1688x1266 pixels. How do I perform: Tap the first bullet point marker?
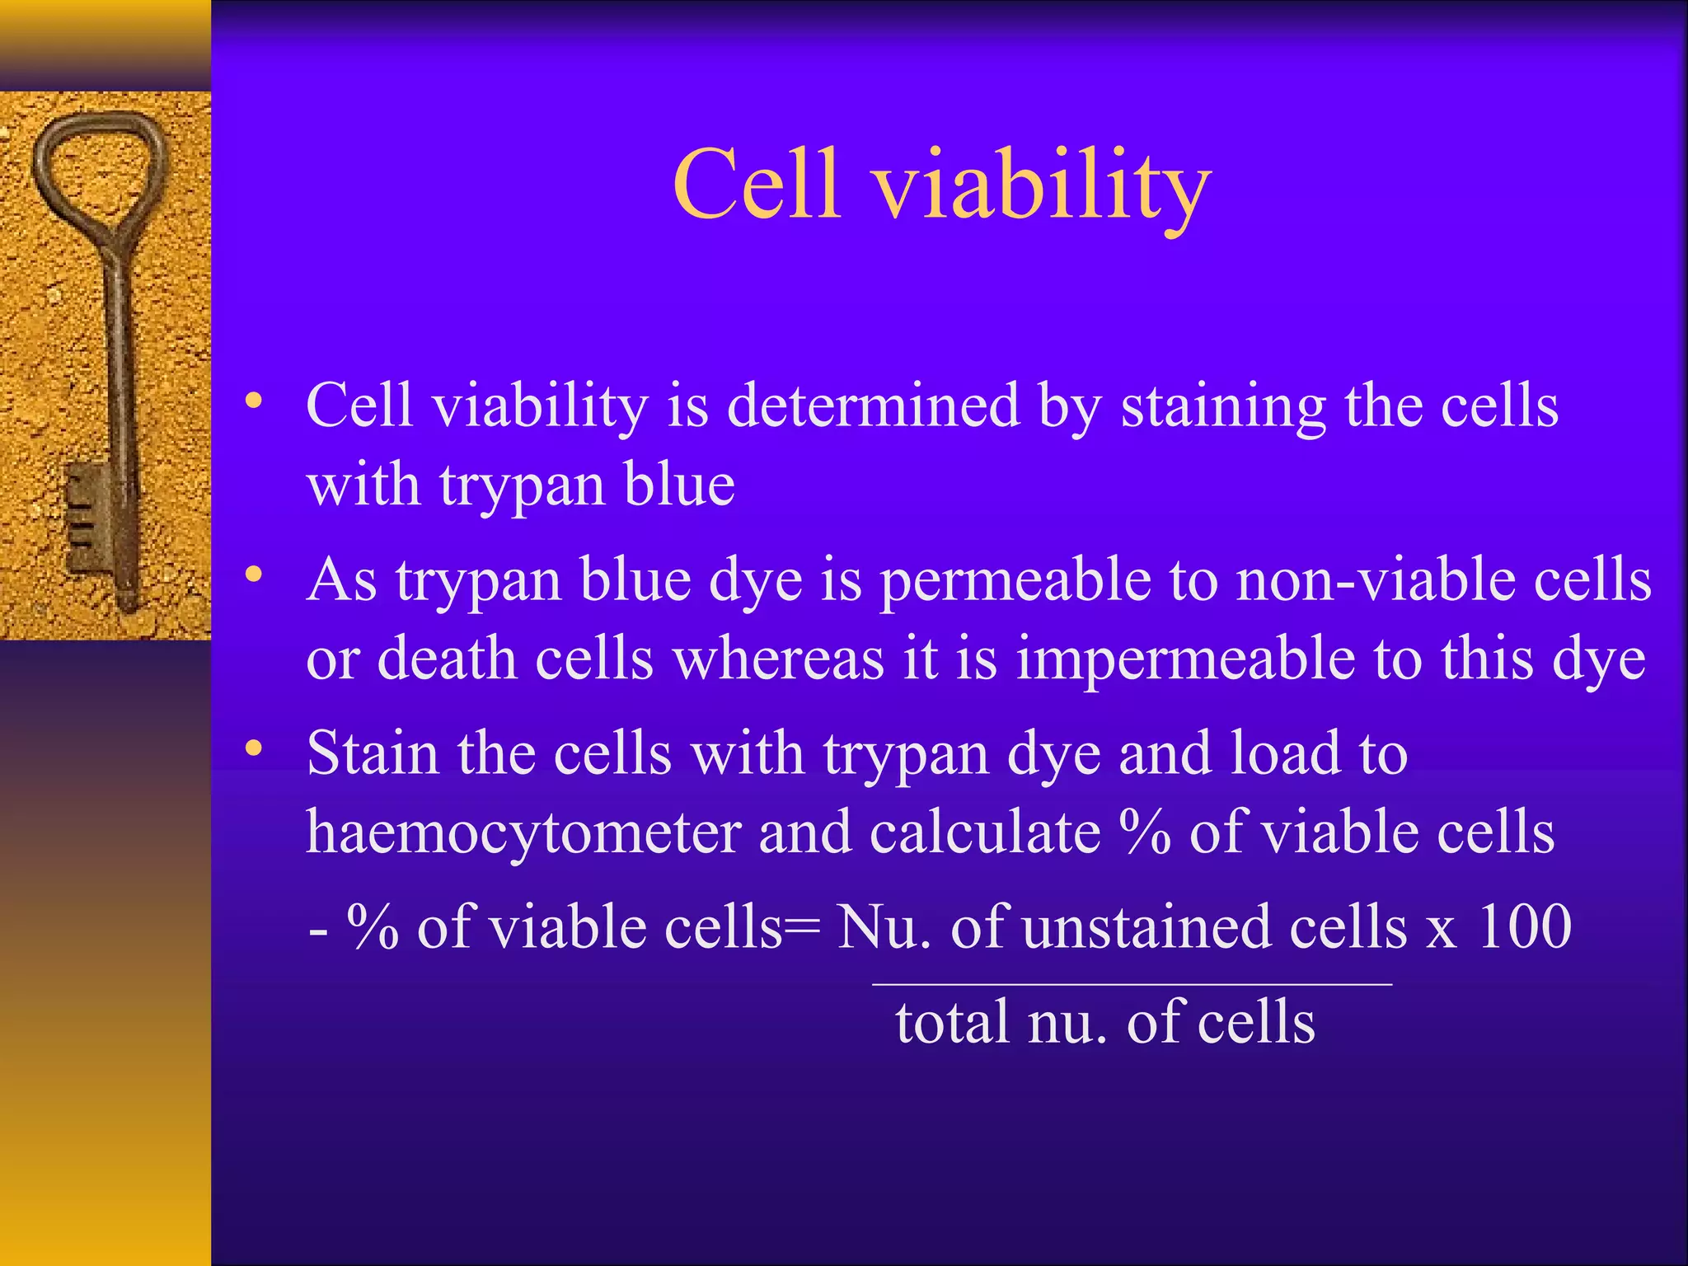click(254, 402)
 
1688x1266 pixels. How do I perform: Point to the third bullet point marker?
click(254, 748)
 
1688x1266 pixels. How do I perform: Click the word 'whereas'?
click(778, 659)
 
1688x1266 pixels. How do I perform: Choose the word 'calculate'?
click(984, 832)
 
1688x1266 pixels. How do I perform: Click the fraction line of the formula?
click(1131, 984)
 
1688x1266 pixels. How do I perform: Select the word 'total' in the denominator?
click(952, 1022)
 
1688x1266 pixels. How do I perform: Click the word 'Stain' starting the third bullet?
click(372, 754)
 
